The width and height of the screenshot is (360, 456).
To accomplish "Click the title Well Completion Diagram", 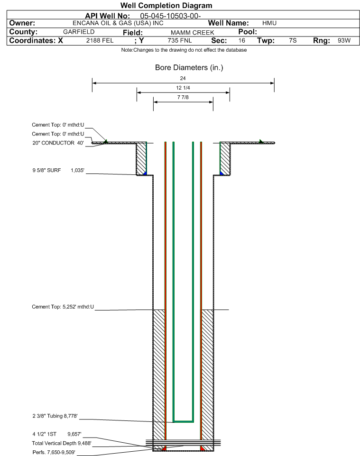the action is (166, 6).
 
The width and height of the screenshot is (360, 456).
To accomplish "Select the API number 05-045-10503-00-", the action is (170, 16).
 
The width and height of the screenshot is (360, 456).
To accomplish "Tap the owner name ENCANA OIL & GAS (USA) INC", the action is (118, 23).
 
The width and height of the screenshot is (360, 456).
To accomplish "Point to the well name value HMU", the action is (269, 23).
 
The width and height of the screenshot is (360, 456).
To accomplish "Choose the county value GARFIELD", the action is (79, 32).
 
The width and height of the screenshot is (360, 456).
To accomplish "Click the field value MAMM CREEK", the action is (193, 33).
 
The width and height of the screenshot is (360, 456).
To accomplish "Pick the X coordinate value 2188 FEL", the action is (100, 40).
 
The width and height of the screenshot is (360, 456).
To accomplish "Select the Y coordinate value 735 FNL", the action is (180, 40).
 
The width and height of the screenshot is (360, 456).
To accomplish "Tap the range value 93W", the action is (344, 40).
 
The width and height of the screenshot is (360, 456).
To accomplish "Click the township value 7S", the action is (293, 40).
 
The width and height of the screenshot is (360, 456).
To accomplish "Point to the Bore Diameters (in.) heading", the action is (189, 67).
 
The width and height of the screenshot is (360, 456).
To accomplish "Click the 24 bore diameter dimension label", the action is (183, 78).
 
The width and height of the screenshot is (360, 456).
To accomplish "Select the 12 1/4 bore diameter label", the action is (183, 88).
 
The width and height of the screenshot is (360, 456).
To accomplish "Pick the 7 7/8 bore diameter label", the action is (183, 97).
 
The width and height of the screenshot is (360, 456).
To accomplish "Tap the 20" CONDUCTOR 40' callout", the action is (58, 143).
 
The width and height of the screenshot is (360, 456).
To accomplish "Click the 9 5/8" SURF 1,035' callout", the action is (58, 170).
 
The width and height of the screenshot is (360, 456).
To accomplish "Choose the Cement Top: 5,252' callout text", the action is (63, 307).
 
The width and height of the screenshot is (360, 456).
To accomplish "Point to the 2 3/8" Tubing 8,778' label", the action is (55, 416).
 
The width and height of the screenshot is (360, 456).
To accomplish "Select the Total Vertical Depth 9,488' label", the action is (62, 443).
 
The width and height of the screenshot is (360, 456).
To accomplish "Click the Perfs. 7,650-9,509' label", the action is (54, 452).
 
